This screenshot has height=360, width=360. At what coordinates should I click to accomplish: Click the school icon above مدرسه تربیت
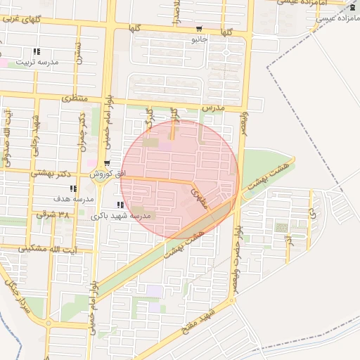pyautogui.click(x=37, y=51)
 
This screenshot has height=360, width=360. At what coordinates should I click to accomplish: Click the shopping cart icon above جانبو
pyautogui.click(x=200, y=30)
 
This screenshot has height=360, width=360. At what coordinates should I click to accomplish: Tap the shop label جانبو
pyautogui.click(x=200, y=39)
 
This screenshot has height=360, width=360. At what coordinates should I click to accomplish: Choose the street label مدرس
pyautogui.click(x=212, y=109)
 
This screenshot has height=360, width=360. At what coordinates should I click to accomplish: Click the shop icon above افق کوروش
pyautogui.click(x=107, y=163)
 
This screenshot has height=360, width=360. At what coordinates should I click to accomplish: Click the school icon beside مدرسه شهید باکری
pyautogui.click(x=111, y=205)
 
